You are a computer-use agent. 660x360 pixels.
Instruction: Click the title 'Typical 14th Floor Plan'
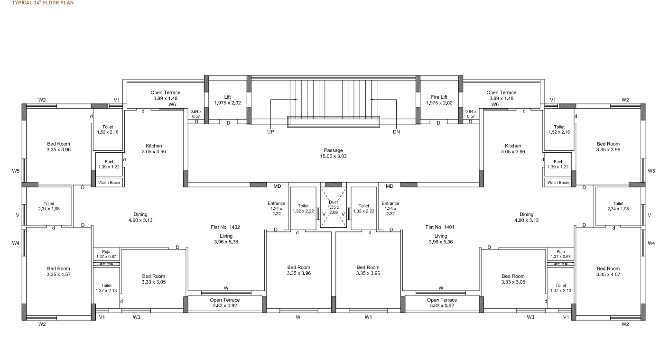point(37,2)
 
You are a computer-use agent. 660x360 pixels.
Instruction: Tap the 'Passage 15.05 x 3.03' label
point(333,153)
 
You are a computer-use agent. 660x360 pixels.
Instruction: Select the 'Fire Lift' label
point(439,97)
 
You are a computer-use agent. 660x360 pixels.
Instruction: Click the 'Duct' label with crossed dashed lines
point(333,202)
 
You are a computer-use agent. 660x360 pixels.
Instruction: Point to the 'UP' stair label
point(270,132)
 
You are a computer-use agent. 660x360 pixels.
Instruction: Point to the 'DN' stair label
point(396,132)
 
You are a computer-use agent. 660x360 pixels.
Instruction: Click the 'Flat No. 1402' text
point(225,227)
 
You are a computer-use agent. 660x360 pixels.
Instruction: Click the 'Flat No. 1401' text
point(440,227)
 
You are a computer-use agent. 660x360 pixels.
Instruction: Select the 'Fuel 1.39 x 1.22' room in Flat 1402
point(109,164)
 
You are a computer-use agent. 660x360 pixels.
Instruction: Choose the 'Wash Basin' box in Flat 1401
point(558,183)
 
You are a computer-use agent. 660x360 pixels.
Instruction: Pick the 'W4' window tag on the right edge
point(651,243)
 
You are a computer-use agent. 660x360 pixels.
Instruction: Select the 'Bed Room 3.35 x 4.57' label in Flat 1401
point(608,271)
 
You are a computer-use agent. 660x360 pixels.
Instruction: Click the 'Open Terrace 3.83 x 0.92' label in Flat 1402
point(225,303)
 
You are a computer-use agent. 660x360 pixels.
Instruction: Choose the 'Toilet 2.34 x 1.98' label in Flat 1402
point(49,206)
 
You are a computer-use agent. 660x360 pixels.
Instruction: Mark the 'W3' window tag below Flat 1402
point(136,317)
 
